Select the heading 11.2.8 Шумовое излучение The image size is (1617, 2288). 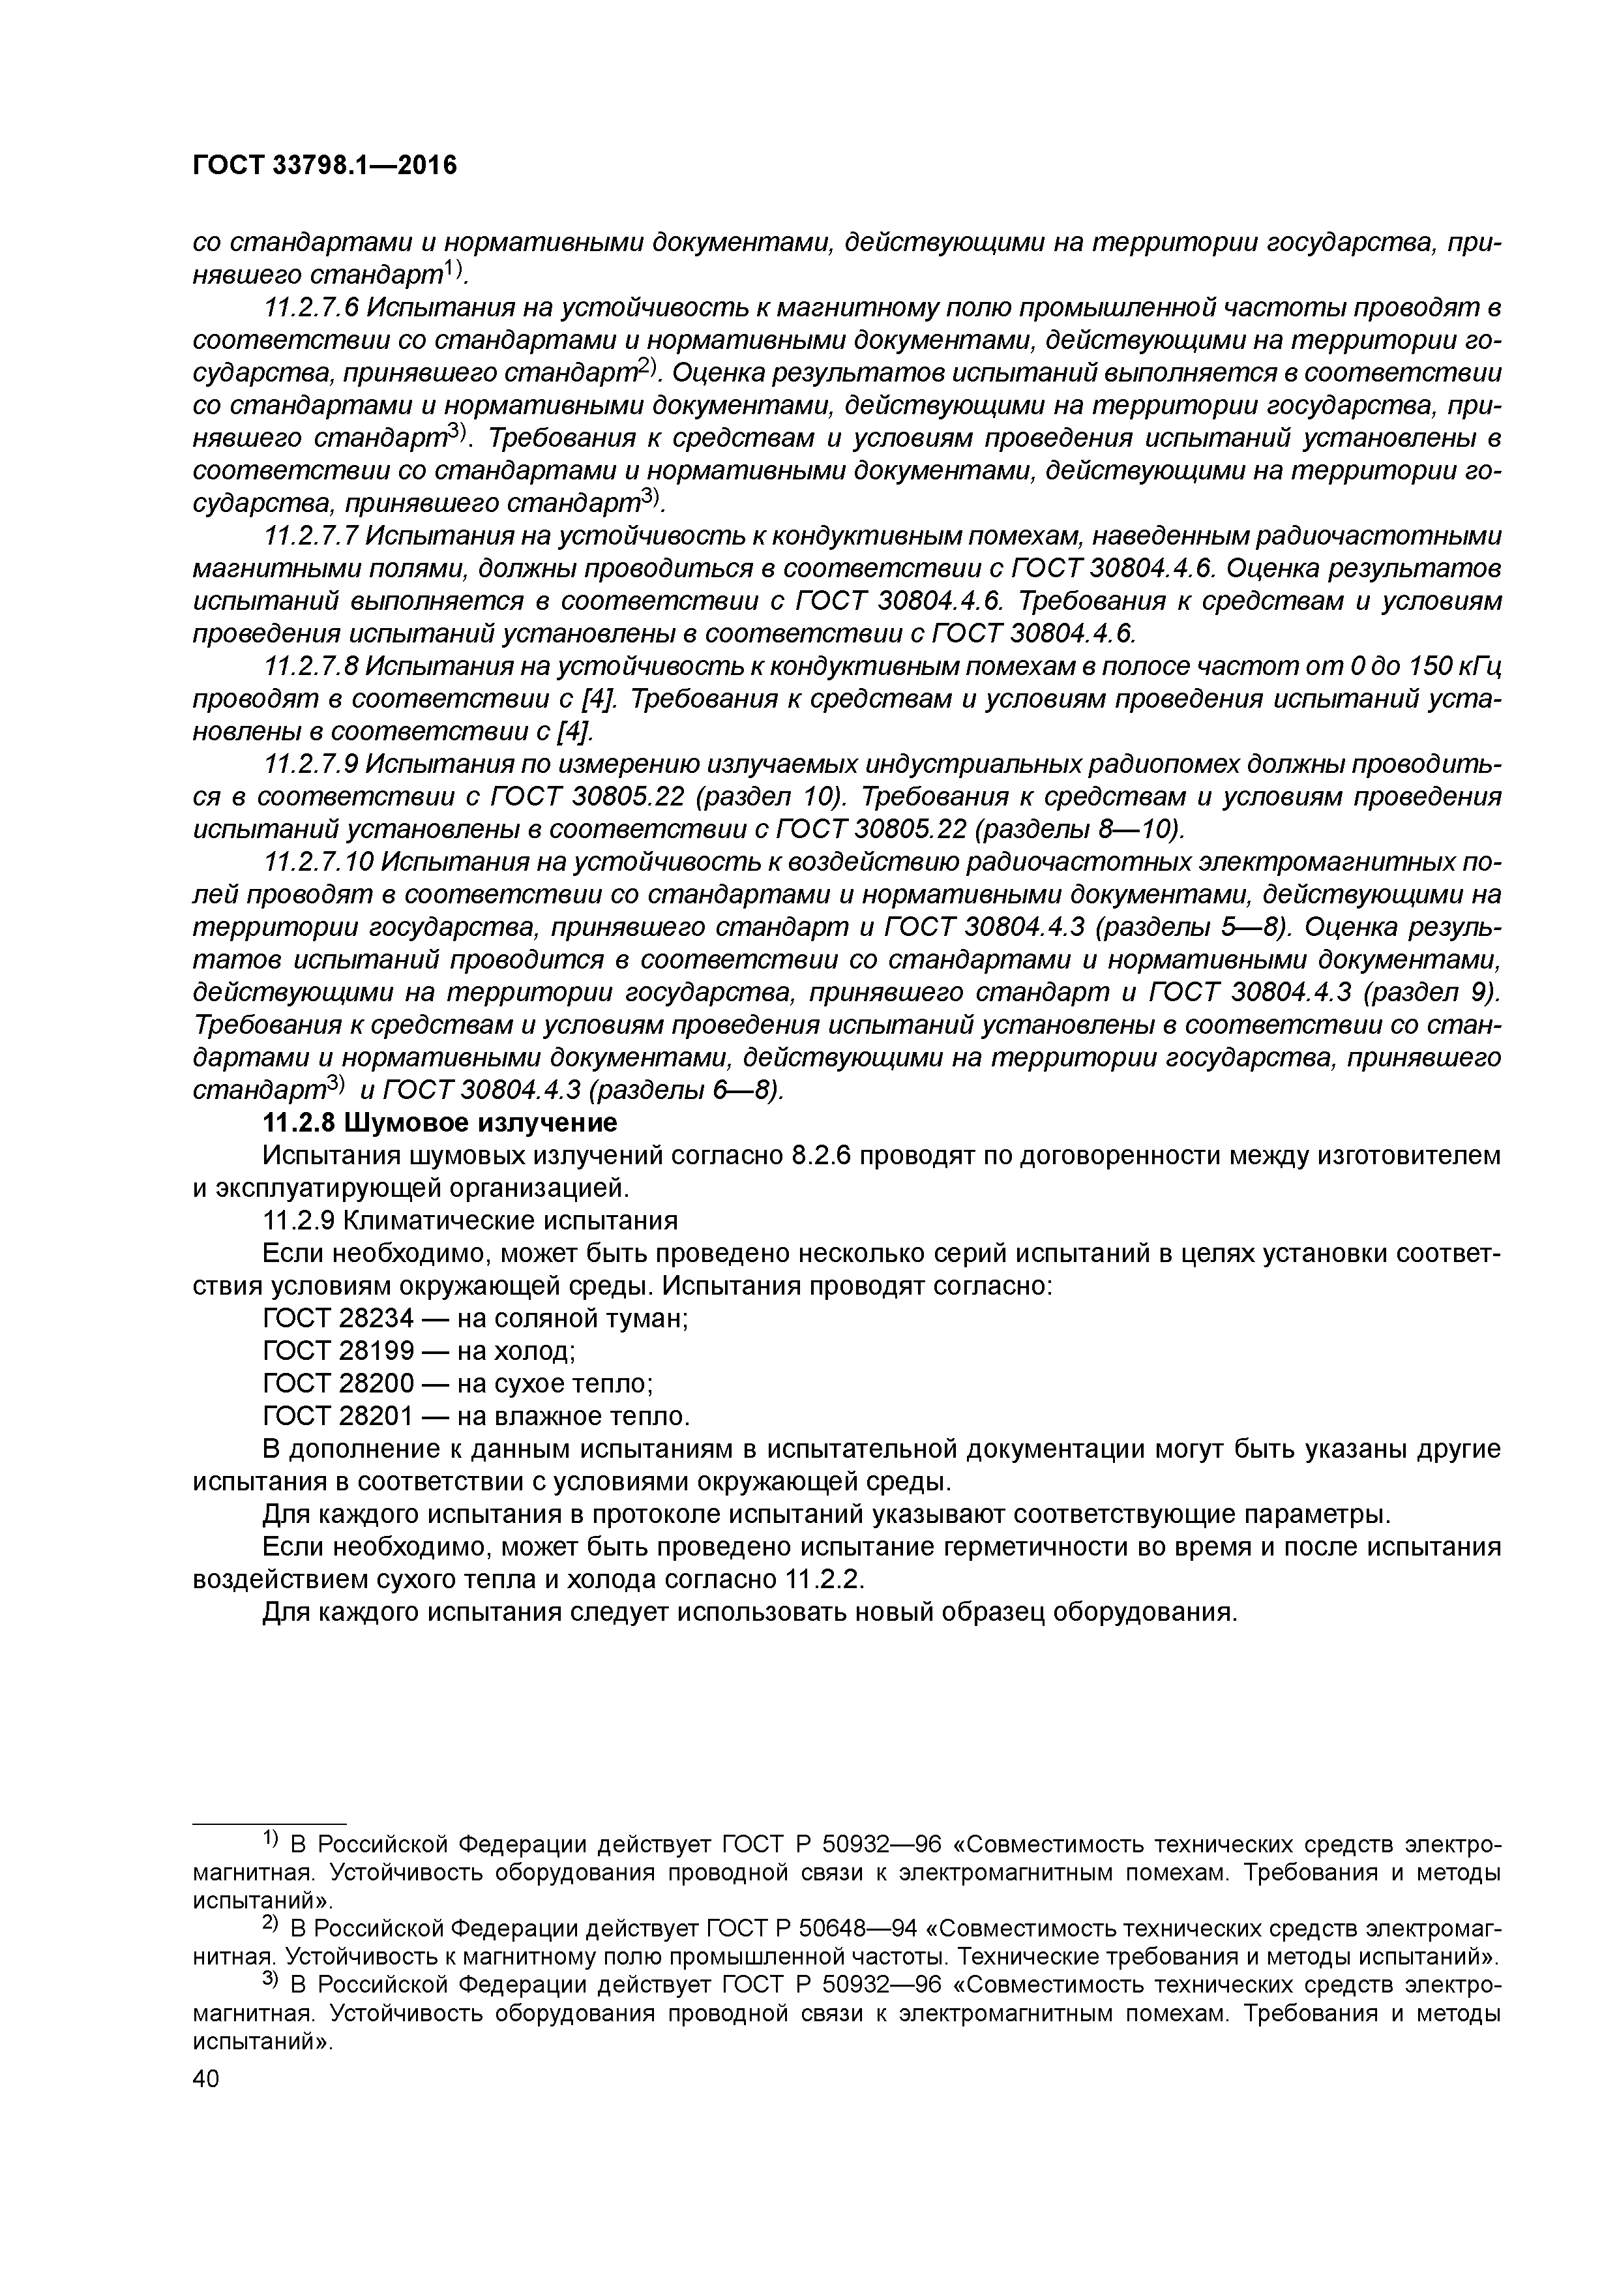tap(439, 1123)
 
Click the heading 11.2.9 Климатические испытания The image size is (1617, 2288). tap(469, 1222)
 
